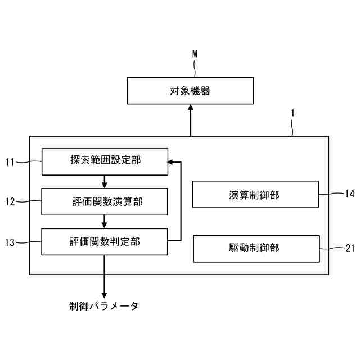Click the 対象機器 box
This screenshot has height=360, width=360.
(190, 91)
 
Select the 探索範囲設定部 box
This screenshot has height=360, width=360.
(105, 161)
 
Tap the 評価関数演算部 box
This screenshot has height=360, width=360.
(105, 201)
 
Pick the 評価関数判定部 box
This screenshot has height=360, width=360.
(105, 241)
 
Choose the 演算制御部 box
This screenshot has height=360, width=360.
(256, 195)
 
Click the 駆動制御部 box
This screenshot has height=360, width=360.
(256, 248)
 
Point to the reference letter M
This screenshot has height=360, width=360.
(195, 54)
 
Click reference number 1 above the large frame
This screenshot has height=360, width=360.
(292, 112)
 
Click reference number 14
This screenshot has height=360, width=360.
(349, 194)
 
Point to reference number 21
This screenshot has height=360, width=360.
(349, 247)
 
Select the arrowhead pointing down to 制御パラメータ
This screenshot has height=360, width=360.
(105, 294)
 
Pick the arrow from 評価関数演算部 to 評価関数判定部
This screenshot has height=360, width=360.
(105, 221)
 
